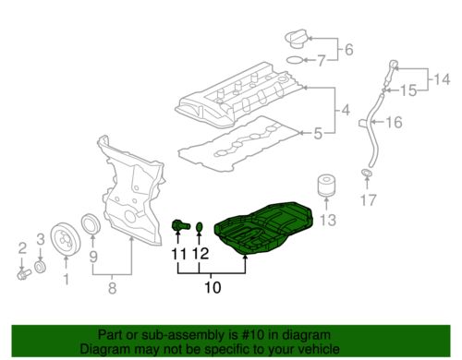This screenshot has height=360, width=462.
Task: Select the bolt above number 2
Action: pyautogui.click(x=22, y=273)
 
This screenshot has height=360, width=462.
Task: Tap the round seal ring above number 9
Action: pyautogui.click(x=92, y=224)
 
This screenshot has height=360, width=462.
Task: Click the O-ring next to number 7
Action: pyautogui.click(x=291, y=62)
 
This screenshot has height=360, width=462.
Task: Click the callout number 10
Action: pyautogui.click(x=212, y=288)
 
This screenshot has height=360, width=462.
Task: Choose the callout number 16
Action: pyautogui.click(x=394, y=122)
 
